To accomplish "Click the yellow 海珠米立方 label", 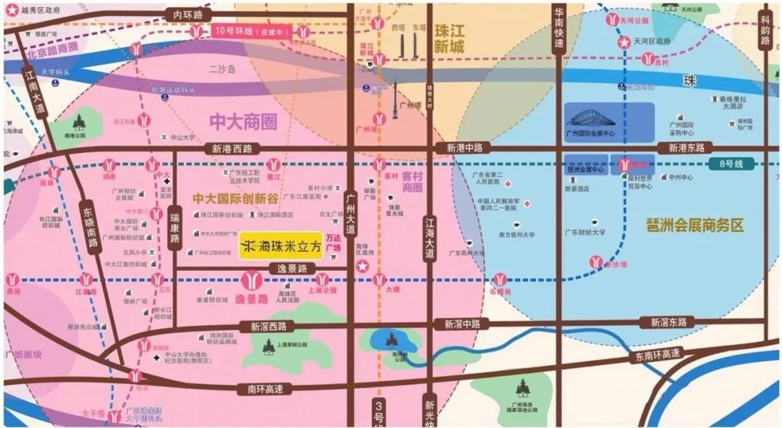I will click(280, 246).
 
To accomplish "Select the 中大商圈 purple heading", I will click(243, 121).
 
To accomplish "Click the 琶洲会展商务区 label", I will click(695, 225).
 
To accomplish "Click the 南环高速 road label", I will click(264, 389).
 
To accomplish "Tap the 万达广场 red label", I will click(333, 243).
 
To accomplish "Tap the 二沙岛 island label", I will click(218, 70).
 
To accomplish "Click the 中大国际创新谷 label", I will click(236, 197).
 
